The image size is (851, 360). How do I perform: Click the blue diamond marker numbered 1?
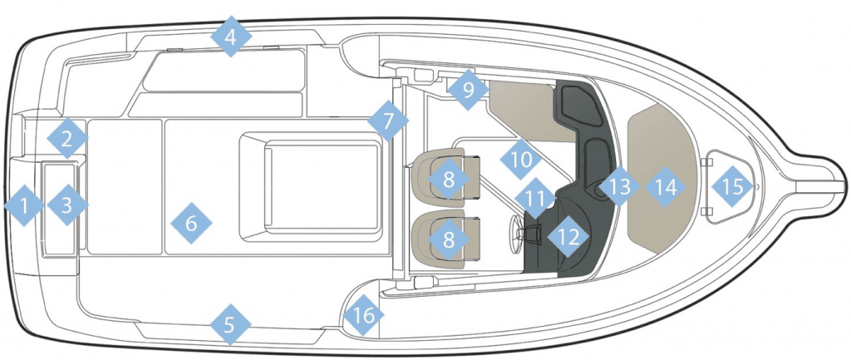tap(24, 205)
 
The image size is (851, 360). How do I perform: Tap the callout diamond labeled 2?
tap(67, 139)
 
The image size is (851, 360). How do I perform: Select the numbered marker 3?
tap(67, 205)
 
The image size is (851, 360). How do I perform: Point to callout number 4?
tap(231, 37)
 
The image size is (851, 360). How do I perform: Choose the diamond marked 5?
tap(230, 325)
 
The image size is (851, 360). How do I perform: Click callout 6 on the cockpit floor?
tap(191, 223)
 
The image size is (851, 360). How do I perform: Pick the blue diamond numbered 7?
tap(388, 121)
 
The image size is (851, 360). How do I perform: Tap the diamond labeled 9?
tap(468, 90)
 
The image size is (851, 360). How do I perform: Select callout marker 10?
tap(520, 160)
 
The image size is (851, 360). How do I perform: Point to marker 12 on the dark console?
tap(568, 236)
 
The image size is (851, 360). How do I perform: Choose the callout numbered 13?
tap(618, 187)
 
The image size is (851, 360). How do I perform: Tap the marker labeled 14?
tap(666, 187)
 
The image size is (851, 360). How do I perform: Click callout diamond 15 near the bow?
tap(733, 187)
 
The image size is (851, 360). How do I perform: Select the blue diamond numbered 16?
tap(364, 315)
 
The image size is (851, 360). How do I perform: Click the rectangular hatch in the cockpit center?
tap(322, 185)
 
